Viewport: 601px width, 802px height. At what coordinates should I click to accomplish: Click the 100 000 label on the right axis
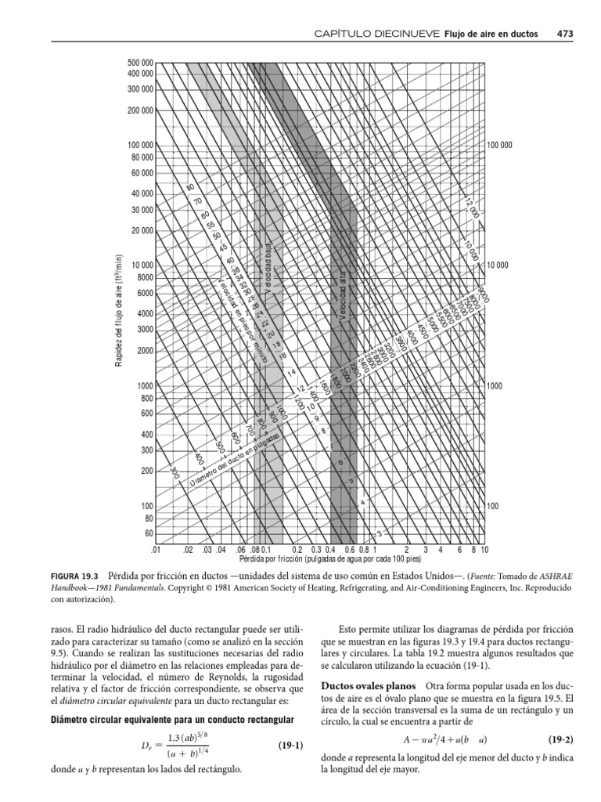click(x=500, y=146)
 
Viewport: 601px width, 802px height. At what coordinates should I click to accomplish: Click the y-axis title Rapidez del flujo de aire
click(x=119, y=313)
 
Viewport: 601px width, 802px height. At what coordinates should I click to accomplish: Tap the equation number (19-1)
click(x=286, y=746)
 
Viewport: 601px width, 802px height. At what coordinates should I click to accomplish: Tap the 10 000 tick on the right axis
click(x=498, y=266)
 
